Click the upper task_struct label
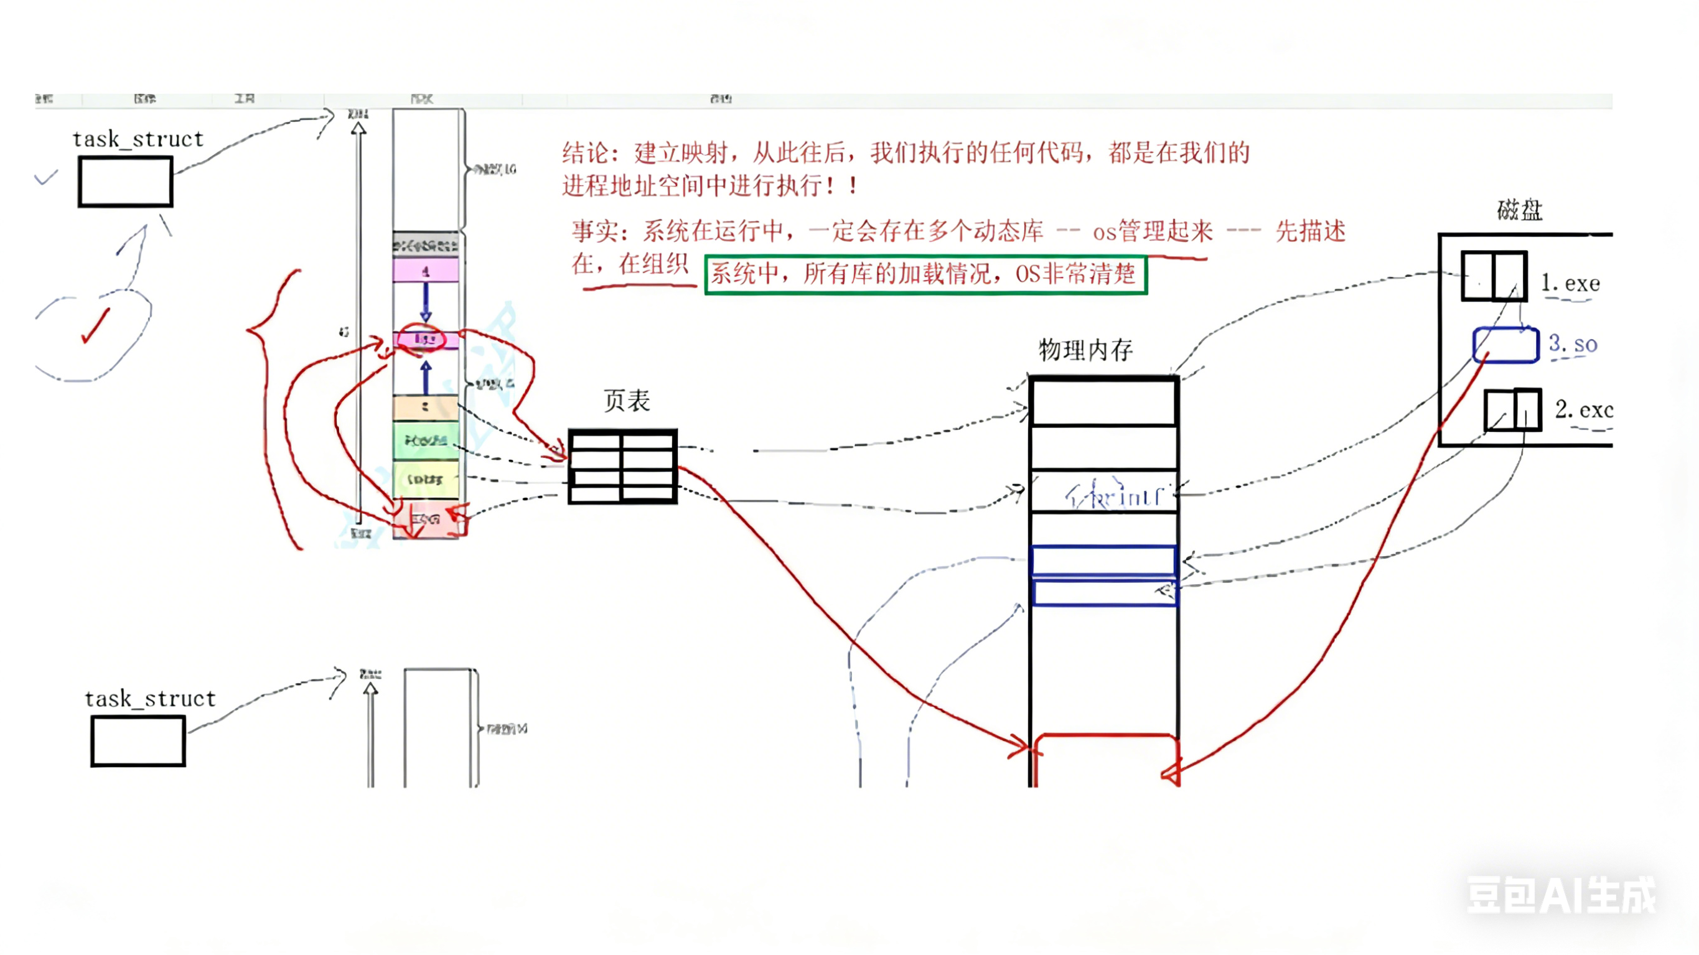click(138, 139)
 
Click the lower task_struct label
click(151, 699)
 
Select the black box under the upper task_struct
click(125, 182)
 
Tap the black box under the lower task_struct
click(138, 742)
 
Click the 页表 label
click(627, 400)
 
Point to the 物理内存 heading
click(1085, 350)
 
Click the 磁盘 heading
click(1519, 210)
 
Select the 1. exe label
click(1570, 284)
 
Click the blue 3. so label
click(1573, 343)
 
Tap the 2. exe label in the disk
click(1583, 409)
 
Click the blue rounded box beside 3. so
click(1505, 345)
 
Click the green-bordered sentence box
click(925, 274)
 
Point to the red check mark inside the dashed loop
click(96, 327)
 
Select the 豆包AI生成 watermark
click(1560, 895)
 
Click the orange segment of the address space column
click(426, 407)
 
